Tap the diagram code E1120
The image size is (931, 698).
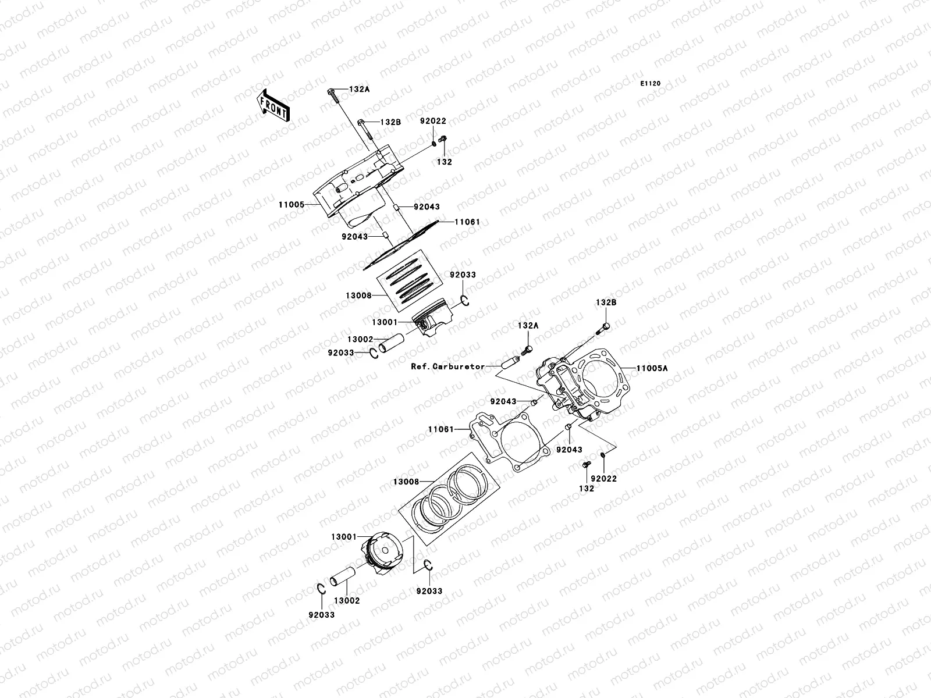coord(651,84)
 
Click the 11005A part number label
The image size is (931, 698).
coord(652,368)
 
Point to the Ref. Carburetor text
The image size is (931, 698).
coord(447,367)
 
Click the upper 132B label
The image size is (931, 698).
coord(390,122)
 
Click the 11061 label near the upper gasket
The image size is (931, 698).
coord(467,222)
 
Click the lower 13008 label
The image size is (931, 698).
coord(406,482)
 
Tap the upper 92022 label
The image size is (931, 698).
coord(433,121)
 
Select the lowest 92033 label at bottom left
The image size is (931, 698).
coord(322,615)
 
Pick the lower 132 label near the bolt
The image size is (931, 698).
coord(587,489)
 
